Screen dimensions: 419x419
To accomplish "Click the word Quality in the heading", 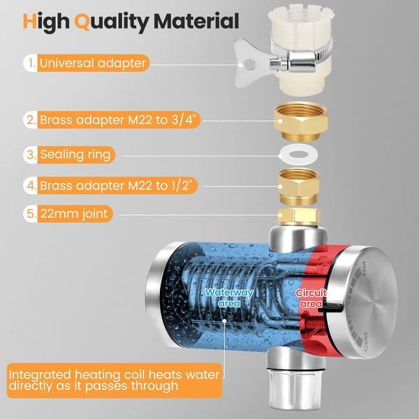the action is [x=112, y=22].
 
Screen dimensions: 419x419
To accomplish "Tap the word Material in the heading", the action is [x=196, y=21].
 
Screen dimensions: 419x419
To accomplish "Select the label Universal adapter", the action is [x=93, y=63].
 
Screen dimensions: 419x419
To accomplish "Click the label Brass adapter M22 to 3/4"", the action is [x=120, y=119].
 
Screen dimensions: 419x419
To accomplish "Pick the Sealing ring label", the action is [x=75, y=154].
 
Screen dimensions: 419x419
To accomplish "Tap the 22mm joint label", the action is [x=74, y=214].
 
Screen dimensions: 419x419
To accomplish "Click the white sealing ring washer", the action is [x=298, y=155].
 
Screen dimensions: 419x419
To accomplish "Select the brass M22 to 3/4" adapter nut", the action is [x=300, y=121].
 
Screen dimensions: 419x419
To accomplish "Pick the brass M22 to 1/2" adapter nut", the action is [x=298, y=186].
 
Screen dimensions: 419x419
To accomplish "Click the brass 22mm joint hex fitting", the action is [x=298, y=216].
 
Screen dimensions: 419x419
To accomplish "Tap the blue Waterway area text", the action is [x=229, y=298].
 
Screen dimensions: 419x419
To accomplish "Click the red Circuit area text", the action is [x=311, y=298].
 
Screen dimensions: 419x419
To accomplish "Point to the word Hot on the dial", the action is [x=364, y=268].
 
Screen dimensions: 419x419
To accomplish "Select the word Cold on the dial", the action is [x=365, y=341].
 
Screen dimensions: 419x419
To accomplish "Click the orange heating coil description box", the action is [x=115, y=381].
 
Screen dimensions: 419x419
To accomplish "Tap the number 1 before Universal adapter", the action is [x=32, y=63].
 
